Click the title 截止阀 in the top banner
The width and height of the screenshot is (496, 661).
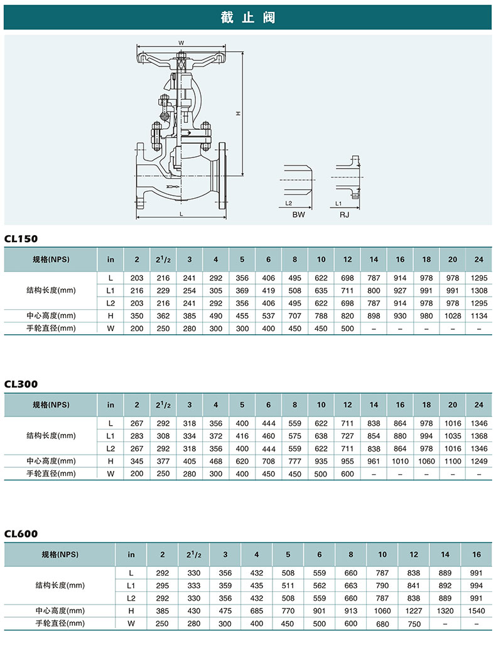[248, 18]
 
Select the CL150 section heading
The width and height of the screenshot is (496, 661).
[21, 239]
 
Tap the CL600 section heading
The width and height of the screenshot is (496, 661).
[21, 534]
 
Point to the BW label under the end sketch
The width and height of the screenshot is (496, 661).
[298, 214]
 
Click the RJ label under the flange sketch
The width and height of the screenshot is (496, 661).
[344, 214]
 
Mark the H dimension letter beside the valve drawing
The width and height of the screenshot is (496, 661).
[238, 114]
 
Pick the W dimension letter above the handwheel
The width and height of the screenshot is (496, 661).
[181, 43]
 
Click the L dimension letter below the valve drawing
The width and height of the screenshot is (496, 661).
[181, 214]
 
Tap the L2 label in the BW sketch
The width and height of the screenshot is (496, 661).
[289, 204]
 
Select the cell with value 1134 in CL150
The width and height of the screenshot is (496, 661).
[479, 316]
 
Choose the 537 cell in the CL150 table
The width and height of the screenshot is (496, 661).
[268, 316]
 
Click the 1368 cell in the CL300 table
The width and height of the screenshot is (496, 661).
[479, 436]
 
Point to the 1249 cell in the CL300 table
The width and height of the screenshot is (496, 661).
[479, 461]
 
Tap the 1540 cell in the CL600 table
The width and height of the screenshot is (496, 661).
[477, 611]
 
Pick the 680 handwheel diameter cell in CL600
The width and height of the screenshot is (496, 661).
[382, 624]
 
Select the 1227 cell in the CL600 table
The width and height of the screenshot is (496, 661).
[414, 611]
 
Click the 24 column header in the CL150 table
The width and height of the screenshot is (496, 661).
[479, 260]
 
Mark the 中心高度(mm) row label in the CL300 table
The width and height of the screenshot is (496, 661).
[51, 461]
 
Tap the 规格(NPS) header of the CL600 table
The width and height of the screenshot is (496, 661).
[60, 554]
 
